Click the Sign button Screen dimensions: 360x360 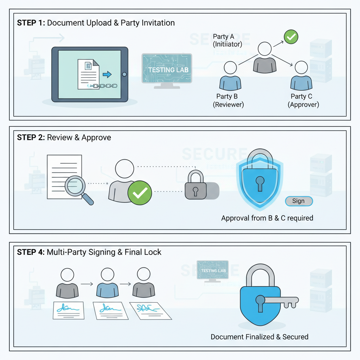(298, 201)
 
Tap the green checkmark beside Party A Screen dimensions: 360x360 (291, 37)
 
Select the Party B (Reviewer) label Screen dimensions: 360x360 (228, 100)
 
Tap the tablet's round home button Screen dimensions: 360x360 (124, 74)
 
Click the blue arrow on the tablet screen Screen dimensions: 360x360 (107, 75)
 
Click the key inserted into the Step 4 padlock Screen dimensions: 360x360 (281, 301)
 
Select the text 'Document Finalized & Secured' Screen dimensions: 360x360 (259, 337)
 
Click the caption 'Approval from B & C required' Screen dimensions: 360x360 (267, 218)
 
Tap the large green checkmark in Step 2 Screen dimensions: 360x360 (140, 193)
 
